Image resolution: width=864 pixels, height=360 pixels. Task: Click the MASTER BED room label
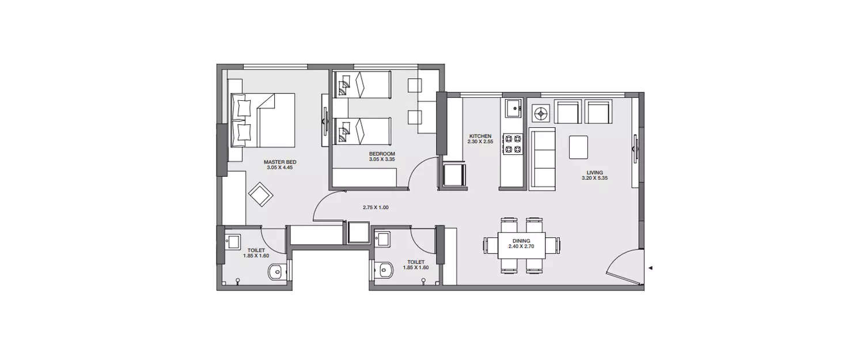tap(275, 162)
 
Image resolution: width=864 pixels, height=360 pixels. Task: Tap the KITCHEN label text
tap(480, 136)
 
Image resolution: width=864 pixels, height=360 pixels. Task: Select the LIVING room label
tap(594, 172)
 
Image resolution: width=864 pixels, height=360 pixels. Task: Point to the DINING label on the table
tap(519, 241)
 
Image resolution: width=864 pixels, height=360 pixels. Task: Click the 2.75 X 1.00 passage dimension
tap(376, 207)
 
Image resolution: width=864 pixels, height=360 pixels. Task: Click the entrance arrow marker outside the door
tap(650, 268)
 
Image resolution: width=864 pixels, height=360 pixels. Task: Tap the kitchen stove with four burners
tap(512, 144)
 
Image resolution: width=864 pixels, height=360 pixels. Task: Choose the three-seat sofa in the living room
tap(542, 158)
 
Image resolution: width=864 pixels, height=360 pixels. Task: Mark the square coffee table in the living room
tap(579, 147)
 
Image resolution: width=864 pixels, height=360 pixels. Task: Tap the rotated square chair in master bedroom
tap(261, 195)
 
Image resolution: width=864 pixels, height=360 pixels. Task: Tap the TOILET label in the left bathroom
tap(241, 251)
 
